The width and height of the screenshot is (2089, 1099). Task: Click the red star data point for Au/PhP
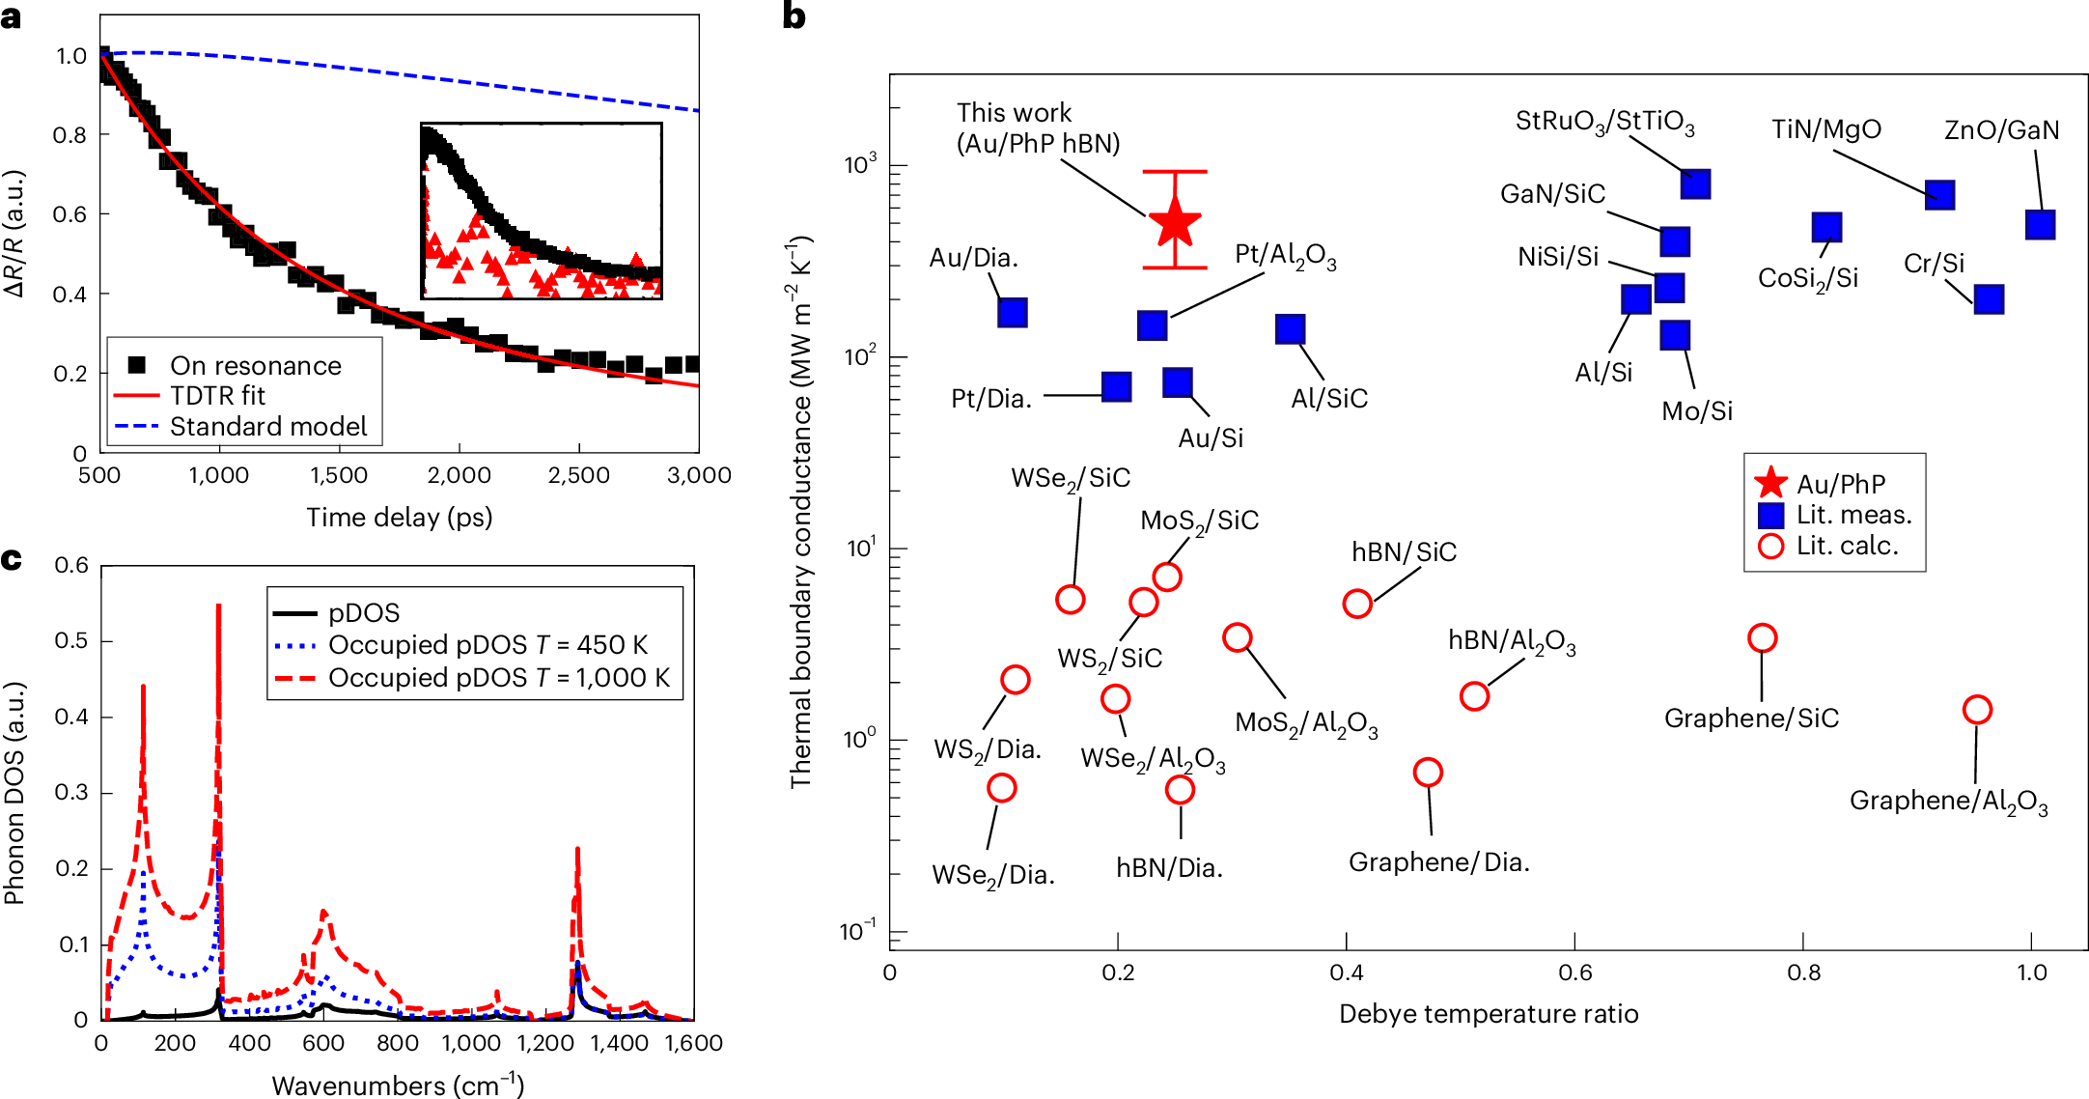click(x=1175, y=222)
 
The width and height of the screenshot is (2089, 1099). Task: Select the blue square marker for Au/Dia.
click(x=1012, y=312)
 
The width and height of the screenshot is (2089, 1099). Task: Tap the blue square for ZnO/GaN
click(x=2040, y=224)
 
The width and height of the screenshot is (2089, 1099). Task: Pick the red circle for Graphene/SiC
click(x=1762, y=637)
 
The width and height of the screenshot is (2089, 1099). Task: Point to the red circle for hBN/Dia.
click(x=1180, y=789)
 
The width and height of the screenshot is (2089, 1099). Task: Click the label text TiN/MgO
click(x=1825, y=129)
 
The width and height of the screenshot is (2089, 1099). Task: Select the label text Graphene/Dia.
click(x=1438, y=861)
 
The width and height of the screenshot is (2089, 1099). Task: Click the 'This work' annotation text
click(x=1014, y=113)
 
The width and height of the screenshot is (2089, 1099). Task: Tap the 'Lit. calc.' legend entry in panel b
click(x=1846, y=546)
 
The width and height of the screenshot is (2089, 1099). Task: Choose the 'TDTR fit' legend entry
click(x=217, y=396)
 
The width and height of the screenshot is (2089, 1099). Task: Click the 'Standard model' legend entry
click(x=268, y=427)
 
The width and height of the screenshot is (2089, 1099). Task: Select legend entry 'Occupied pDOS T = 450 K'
click(x=487, y=645)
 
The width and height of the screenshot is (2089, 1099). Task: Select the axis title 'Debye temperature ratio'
click(x=1488, y=1014)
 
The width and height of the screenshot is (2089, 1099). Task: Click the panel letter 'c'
click(x=12, y=559)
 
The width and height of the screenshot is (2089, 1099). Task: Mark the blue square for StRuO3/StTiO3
click(x=1695, y=183)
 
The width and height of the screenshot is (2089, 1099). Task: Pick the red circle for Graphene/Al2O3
click(x=1977, y=710)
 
